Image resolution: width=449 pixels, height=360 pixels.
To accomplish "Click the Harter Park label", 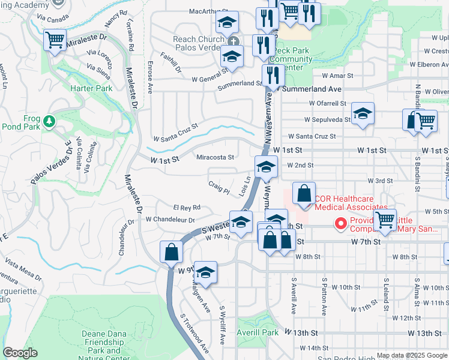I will pos(92,88).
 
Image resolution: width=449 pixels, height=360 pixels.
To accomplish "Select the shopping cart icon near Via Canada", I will pos(55,41).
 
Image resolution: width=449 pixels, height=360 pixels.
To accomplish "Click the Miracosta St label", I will pos(215,157).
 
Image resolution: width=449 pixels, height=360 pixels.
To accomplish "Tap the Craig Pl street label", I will pos(219,188).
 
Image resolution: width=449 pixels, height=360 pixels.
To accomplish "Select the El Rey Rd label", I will pos(186,208).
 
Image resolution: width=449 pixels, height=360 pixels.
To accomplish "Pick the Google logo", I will pos(20,353).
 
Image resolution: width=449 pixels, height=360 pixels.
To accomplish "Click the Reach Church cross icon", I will pos(234,40).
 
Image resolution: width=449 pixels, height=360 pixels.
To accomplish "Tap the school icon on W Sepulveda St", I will pos(363,113).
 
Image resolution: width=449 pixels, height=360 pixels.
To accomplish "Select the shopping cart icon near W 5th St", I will pos(384,220).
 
